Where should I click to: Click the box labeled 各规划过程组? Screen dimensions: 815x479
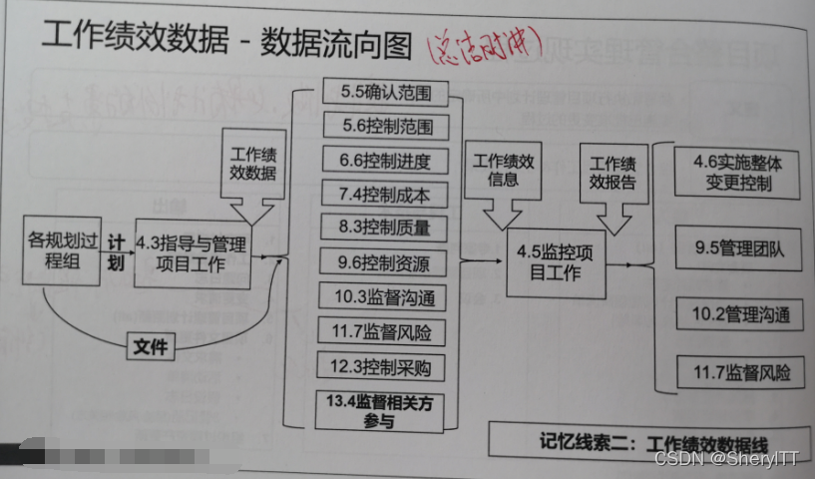point(64,249)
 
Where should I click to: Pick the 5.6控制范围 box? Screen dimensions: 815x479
point(384,128)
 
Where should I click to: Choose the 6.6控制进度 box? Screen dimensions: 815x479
point(384,160)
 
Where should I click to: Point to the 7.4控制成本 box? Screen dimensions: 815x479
point(384,194)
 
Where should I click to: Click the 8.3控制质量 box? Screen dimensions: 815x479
point(384,228)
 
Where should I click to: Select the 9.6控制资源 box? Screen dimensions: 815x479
point(384,263)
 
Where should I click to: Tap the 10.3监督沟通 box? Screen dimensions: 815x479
point(384,297)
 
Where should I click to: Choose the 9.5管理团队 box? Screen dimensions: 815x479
point(738,249)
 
